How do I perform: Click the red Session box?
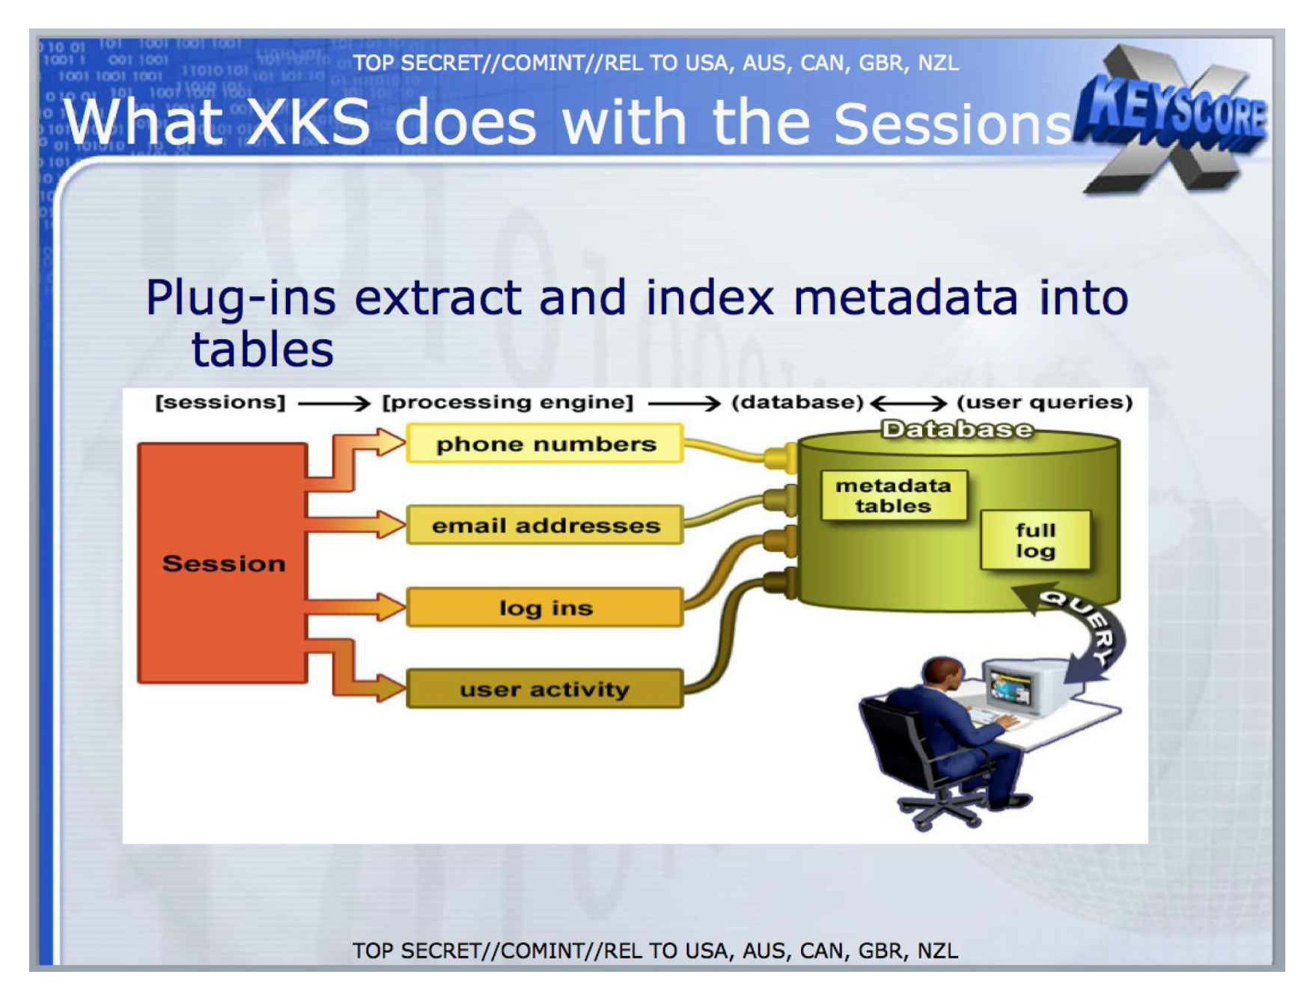point(222,563)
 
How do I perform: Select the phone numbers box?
point(545,444)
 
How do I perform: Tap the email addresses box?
point(545,525)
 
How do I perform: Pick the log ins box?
point(545,607)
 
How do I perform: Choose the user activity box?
point(545,688)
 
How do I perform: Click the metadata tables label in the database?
point(894,495)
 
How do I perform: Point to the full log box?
point(1035,540)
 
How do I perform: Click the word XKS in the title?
point(308,122)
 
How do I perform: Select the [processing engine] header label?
point(508,402)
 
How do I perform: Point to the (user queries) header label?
point(1044,402)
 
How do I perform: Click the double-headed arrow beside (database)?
point(909,404)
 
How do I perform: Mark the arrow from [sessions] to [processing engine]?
point(334,404)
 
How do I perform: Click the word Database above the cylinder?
point(957,429)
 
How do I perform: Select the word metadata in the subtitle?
point(906,298)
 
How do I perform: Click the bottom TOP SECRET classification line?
point(655,951)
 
